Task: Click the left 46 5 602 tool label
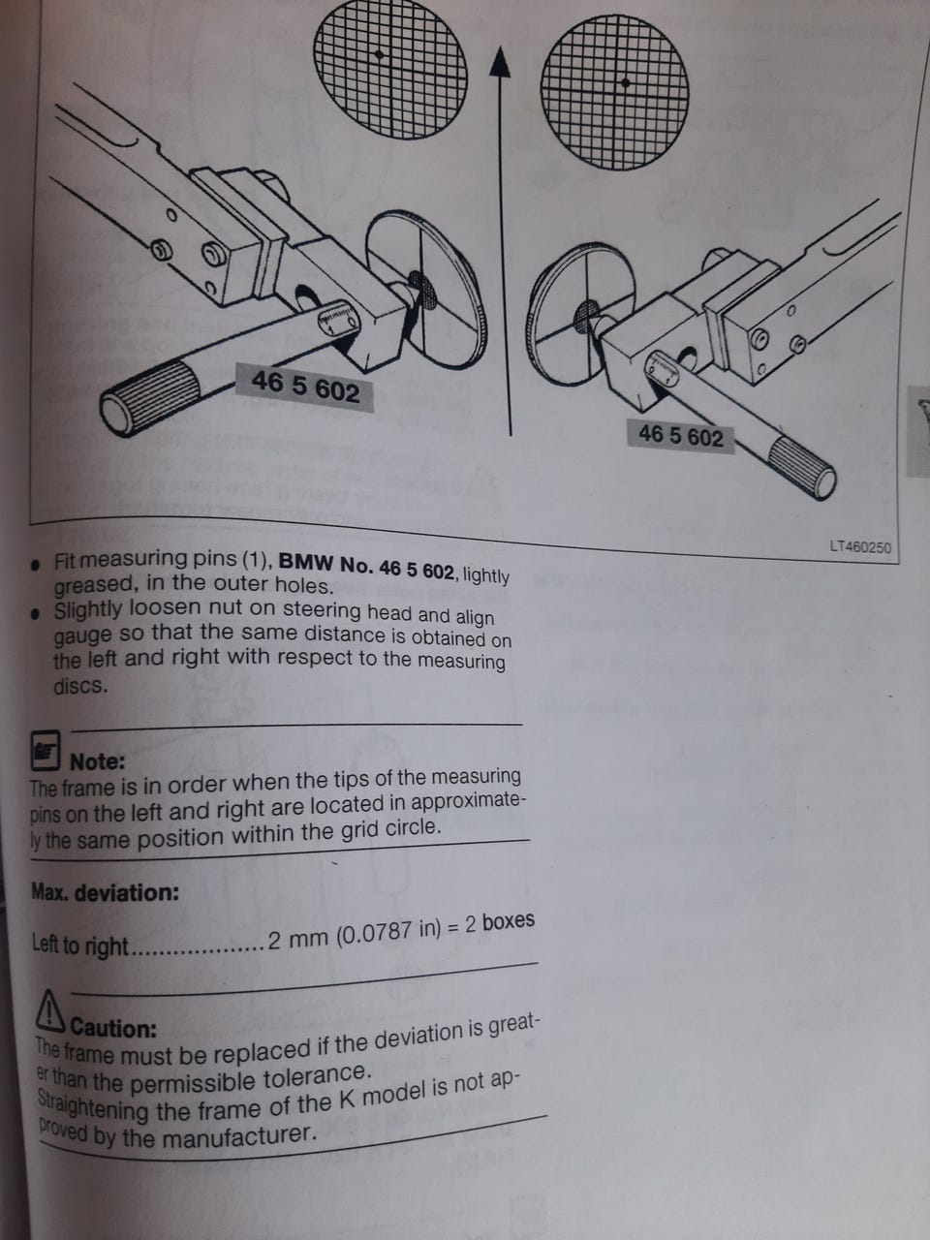tap(305, 387)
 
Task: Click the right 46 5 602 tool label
tap(681, 436)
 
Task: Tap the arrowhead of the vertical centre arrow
tap(499, 62)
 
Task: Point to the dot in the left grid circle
tap(379, 55)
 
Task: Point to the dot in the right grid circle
tap(625, 83)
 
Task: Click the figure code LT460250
tap(860, 546)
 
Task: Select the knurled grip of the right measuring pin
tap(802, 468)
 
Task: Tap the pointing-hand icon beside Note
tap(46, 750)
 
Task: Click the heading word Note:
tap(97, 762)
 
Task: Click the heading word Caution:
tap(113, 1028)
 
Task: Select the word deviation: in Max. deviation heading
tap(127, 893)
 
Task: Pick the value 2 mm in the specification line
tap(298, 940)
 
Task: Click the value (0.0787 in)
tap(389, 932)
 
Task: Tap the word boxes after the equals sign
tap(509, 921)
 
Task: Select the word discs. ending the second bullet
tap(79, 686)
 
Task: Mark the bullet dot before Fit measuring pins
tap(36, 565)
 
